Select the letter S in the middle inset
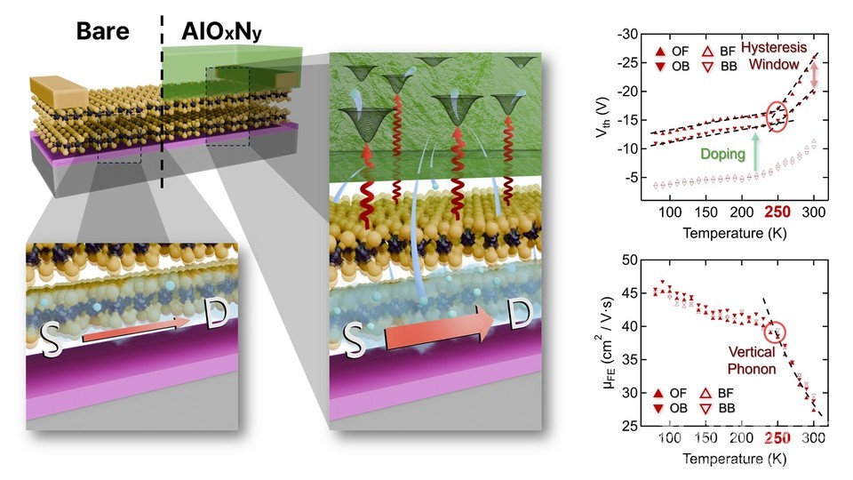click(x=353, y=338)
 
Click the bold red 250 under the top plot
click(x=775, y=213)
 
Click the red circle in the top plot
click(x=776, y=116)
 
